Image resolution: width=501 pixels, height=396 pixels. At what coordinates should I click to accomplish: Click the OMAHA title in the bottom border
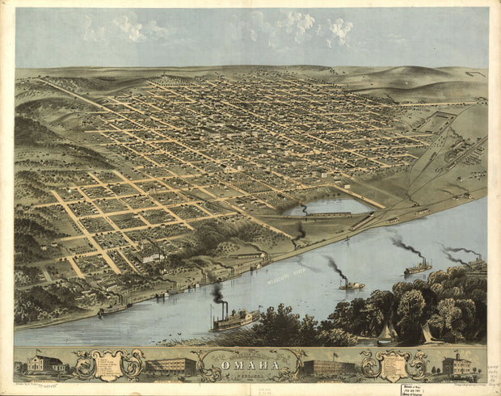(x=250, y=365)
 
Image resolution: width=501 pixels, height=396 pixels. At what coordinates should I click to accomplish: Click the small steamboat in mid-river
(x=351, y=284)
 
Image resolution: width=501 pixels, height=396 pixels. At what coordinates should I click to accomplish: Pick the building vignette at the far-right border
(x=457, y=365)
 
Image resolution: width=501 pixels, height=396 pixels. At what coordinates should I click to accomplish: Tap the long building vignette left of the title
(x=171, y=367)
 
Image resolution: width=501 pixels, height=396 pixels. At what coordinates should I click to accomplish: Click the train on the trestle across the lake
(x=327, y=214)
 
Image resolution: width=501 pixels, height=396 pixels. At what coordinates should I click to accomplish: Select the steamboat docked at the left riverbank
(x=114, y=307)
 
